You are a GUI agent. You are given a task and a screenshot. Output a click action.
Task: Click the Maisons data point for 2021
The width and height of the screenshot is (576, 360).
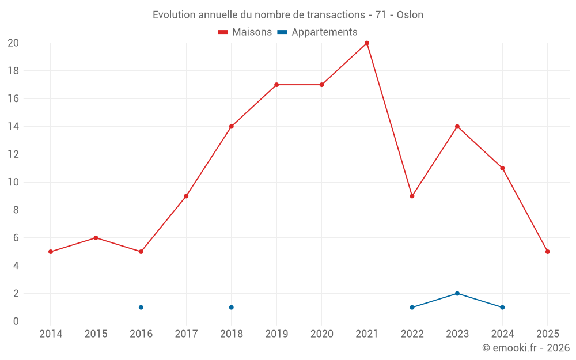(367, 43)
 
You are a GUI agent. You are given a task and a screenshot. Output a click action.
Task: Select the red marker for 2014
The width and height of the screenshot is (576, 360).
(51, 252)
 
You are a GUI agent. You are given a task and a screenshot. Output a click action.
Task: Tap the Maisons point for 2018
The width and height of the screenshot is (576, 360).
(231, 127)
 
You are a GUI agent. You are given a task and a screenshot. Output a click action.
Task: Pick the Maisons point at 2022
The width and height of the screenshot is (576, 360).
(412, 196)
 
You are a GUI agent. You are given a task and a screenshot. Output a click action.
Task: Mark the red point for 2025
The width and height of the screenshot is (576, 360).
(547, 252)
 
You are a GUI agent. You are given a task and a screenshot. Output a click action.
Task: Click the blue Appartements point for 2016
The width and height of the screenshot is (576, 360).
(141, 307)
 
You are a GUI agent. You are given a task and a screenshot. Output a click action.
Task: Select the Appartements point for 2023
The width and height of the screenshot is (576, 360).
(457, 293)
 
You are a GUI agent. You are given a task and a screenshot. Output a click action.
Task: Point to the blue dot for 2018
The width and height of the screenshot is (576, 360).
(231, 307)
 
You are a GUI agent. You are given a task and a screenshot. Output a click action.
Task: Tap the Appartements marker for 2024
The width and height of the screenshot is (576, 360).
(502, 307)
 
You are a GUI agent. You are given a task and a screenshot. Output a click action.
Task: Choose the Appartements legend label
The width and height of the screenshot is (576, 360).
(324, 32)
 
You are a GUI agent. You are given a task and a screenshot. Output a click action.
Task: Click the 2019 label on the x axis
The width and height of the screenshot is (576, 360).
(276, 334)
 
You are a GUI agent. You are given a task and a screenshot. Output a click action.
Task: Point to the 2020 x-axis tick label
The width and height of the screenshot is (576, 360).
(321, 334)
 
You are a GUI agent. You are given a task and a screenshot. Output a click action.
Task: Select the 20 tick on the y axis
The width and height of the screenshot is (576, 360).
(13, 43)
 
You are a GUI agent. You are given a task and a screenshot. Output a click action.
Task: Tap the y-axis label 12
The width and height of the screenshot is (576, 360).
(13, 154)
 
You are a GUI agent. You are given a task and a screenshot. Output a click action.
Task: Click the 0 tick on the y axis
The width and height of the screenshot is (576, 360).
(16, 321)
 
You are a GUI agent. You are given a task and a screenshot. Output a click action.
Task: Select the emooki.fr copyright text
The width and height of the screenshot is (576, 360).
(526, 348)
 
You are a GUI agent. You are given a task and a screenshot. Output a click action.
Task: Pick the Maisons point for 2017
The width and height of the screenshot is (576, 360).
(186, 196)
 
